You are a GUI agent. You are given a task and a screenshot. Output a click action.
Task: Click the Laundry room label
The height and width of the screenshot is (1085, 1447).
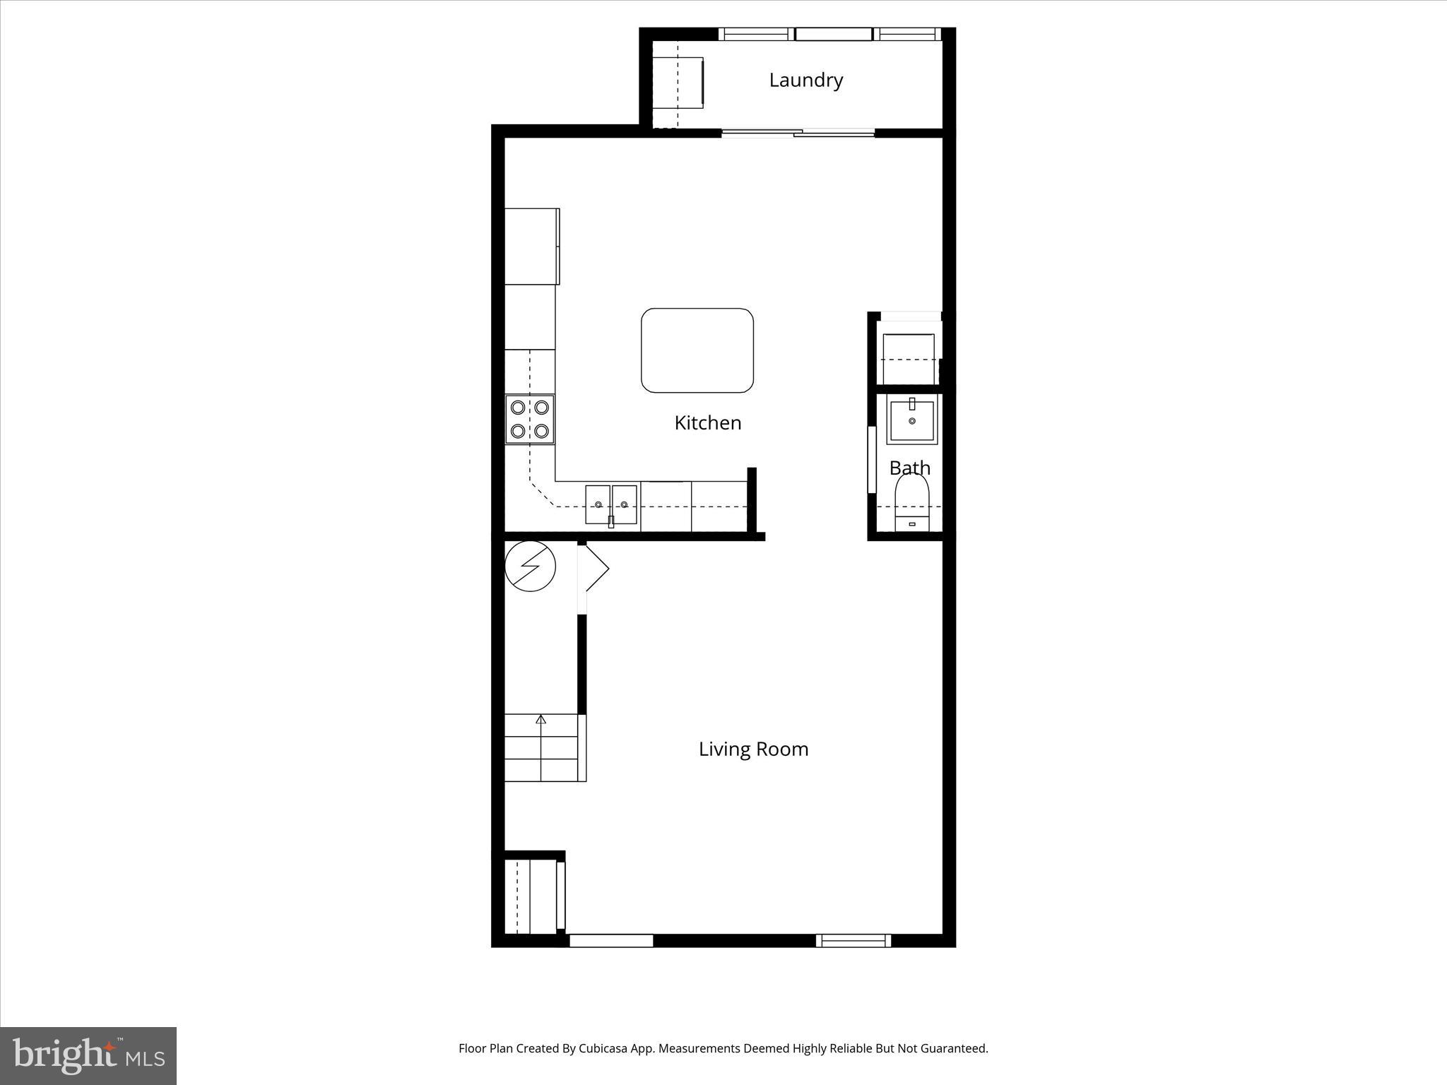[805, 81]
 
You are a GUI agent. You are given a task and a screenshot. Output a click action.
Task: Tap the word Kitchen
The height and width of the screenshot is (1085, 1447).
[707, 423]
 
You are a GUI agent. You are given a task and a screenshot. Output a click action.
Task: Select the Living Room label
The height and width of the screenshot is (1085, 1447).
[753, 749]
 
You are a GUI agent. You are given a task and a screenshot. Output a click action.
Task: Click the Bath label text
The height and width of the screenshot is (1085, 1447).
[909, 468]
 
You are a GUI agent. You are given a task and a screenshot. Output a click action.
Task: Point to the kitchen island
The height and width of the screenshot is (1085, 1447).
[697, 350]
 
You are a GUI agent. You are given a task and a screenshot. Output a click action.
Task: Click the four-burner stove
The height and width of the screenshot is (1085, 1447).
[530, 420]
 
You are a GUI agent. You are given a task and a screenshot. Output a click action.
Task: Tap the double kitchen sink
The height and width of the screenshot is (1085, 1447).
[611, 504]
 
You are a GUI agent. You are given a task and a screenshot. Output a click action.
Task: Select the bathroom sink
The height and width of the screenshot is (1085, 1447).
[911, 421]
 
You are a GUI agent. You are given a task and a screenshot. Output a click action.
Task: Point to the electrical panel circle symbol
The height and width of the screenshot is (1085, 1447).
[531, 566]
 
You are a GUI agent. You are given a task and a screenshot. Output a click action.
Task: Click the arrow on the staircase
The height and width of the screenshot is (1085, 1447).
[541, 721]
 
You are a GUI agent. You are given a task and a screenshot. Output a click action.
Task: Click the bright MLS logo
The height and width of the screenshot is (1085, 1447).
[88, 1055]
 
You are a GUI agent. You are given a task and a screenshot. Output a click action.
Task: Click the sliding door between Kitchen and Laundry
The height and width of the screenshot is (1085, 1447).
[798, 132]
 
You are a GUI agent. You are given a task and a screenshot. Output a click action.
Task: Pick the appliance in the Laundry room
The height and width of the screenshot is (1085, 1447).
[678, 83]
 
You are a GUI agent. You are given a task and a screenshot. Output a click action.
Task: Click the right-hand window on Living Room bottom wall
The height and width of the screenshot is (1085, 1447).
[853, 940]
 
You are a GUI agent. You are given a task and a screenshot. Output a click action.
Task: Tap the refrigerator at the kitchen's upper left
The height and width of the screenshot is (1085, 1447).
[531, 246]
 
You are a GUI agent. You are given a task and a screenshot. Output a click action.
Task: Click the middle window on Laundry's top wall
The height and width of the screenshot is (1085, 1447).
[833, 34]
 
